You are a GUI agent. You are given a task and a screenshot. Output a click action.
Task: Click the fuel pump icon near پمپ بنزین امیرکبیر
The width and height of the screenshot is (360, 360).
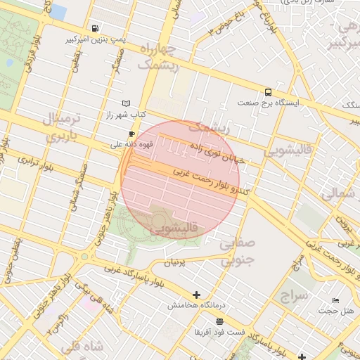95,29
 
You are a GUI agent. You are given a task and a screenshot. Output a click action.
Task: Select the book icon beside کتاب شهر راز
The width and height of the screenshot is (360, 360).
127,103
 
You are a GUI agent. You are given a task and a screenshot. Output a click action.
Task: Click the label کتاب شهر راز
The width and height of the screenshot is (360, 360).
126,114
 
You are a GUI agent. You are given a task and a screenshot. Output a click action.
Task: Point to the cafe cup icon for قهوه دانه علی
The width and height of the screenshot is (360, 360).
131,134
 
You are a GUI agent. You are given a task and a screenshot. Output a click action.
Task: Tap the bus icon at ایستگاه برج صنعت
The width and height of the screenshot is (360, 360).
268,92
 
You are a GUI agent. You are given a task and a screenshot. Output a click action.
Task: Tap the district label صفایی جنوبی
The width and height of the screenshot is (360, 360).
238,252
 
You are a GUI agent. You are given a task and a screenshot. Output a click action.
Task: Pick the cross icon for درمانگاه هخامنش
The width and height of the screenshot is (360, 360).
196,295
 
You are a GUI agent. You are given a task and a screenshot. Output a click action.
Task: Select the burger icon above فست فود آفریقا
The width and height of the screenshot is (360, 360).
219,321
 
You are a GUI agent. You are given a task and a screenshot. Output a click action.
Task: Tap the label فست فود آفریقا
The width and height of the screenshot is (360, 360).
219,331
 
